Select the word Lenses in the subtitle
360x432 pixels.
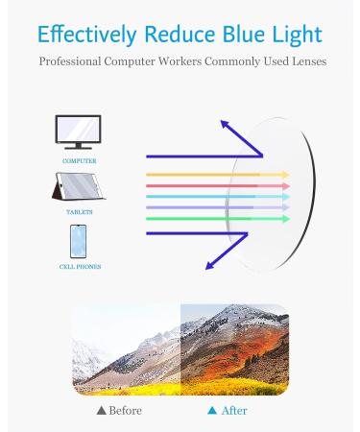pos(304,61)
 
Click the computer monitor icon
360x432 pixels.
pos(79,132)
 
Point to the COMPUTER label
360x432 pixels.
pos(79,161)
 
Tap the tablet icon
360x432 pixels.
pos(79,186)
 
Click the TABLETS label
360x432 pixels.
pos(80,212)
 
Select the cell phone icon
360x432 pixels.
pos(79,241)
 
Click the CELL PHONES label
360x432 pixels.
pos(80,267)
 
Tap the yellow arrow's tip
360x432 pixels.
pos(286,175)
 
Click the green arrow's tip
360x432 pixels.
pos(286,219)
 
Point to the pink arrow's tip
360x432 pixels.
pos(286,185)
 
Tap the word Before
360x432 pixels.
pos(124,410)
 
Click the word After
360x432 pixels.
pos(233,410)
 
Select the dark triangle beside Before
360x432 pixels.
pos(102,410)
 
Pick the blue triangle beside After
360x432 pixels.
pos(211,410)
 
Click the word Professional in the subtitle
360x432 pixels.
pos(74,61)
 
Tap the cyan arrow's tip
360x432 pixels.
pos(286,197)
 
